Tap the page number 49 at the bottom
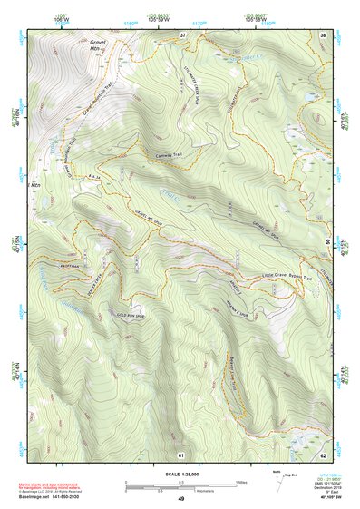point(180,500)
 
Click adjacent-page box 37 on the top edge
point(182,34)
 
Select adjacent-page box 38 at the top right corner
point(323,34)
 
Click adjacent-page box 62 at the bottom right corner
point(323,453)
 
